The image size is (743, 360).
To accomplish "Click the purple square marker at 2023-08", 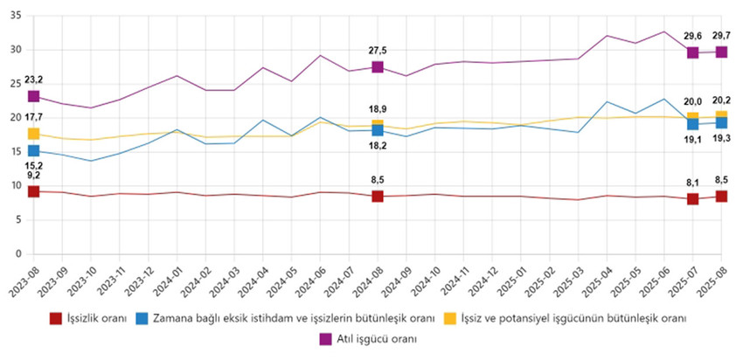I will [x=33, y=96].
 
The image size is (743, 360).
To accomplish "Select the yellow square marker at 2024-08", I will [x=378, y=126].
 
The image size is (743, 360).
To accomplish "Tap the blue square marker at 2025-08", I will [x=722, y=122].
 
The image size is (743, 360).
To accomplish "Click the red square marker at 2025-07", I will [x=693, y=199].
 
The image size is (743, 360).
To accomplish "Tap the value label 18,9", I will [x=378, y=109].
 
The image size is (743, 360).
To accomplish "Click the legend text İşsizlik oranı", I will [x=92, y=318].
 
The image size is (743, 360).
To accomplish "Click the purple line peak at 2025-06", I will [x=664, y=31].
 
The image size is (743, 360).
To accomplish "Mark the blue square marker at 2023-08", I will [x=33, y=151].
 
